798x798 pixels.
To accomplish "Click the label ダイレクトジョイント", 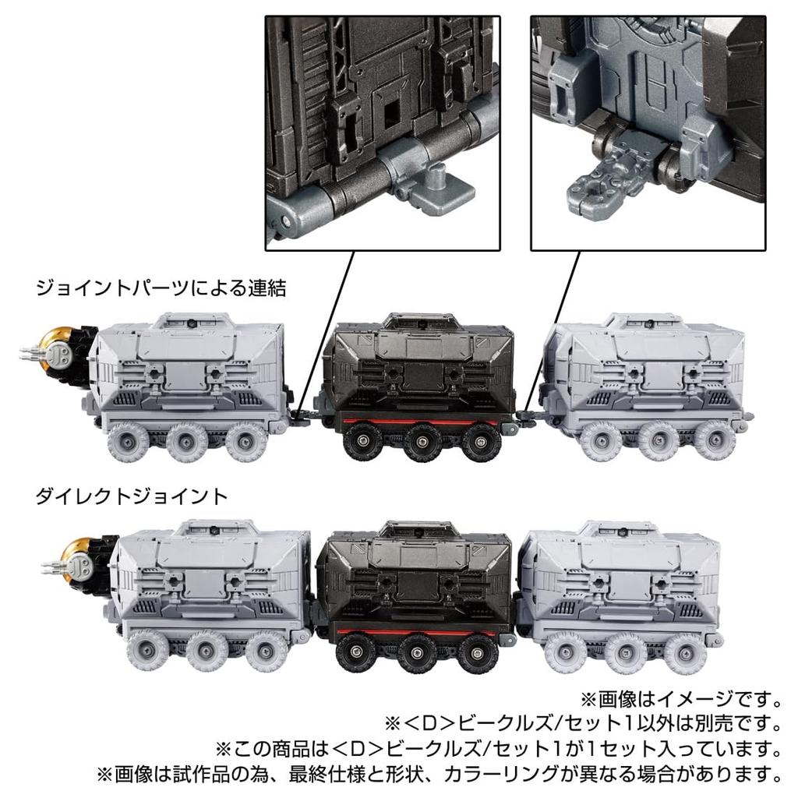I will point(132,495).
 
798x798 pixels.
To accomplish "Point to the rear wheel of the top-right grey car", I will point(714,441).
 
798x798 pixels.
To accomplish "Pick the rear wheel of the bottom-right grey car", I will point(686,652).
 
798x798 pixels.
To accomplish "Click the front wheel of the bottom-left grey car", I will point(147,651).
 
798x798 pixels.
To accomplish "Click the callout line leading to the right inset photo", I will point(546,327).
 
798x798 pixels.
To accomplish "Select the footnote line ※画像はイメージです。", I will point(681,696).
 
